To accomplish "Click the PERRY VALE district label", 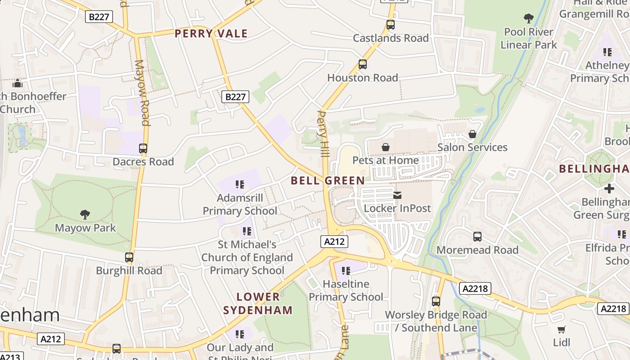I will click(211, 34).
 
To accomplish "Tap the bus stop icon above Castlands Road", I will click(390, 25).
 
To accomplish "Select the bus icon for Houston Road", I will click(362, 64).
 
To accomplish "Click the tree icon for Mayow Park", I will click(85, 215).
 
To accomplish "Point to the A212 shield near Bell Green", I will click(335, 242).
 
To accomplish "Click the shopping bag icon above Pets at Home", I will click(386, 147).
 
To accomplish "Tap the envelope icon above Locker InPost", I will click(397, 195).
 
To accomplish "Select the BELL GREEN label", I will click(328, 181).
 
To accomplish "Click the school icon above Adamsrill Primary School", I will click(240, 184).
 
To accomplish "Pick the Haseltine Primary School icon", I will click(346, 271).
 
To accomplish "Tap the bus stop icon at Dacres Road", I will click(143, 148).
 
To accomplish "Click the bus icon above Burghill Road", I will click(129, 257).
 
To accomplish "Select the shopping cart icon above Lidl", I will click(561, 329).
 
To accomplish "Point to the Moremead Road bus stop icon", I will click(477, 237).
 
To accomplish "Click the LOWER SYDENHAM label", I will click(258, 303).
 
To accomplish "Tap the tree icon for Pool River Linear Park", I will click(529, 18).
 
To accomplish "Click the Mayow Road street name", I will click(142, 92).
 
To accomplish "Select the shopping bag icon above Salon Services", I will click(472, 134).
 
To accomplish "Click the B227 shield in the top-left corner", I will click(99, 17).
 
